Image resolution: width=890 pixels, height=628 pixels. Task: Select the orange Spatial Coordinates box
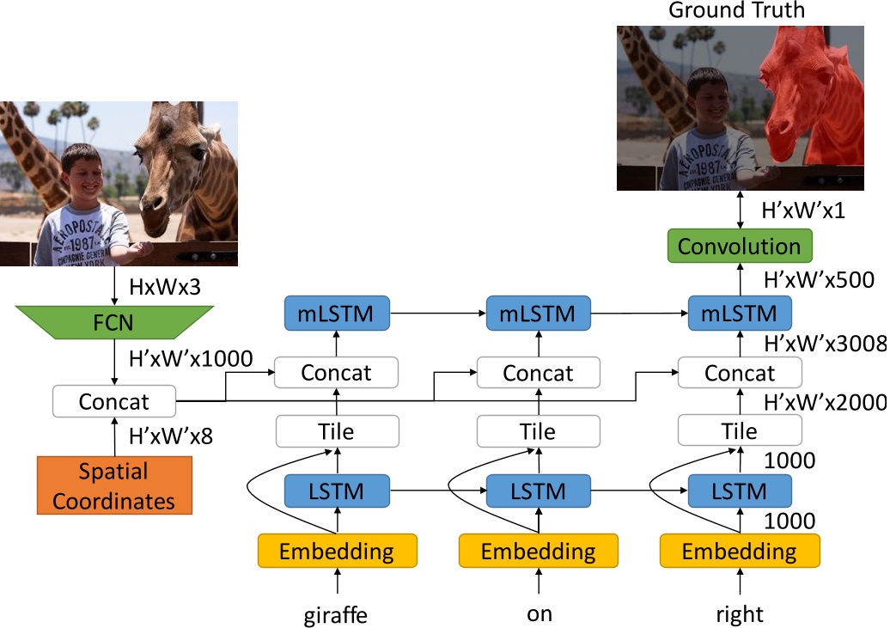[113, 485]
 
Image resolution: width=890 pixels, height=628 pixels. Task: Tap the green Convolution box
[739, 247]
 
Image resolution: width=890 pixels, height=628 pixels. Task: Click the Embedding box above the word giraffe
[337, 550]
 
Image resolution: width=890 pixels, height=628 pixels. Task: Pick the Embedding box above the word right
[739, 550]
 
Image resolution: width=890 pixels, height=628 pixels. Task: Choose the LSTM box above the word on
[538, 491]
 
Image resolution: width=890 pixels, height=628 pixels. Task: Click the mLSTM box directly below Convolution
[739, 313]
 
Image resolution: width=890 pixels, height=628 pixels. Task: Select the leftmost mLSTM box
[337, 313]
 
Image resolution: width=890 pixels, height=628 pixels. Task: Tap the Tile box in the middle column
[538, 430]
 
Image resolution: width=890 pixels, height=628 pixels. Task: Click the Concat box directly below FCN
[113, 401]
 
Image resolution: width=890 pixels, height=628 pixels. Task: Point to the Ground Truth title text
[738, 10]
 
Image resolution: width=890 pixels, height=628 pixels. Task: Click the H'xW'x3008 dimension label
[825, 344]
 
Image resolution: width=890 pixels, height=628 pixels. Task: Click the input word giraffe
[336, 614]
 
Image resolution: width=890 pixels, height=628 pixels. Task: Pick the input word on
[539, 614]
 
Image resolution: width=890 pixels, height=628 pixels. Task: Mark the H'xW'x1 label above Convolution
[804, 210]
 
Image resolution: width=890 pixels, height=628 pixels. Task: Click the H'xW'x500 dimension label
[819, 279]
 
